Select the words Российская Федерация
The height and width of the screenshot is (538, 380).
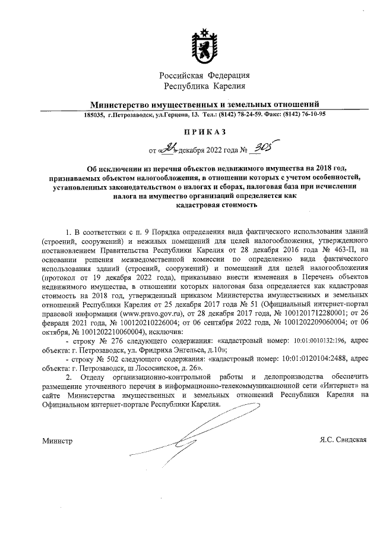tap(205, 75)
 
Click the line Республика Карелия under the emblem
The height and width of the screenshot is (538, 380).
tap(205, 87)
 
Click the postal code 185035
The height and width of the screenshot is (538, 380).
tap(94, 115)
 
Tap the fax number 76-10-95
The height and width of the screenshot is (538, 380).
tap(312, 115)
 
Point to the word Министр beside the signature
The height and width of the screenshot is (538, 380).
tap(56, 441)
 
